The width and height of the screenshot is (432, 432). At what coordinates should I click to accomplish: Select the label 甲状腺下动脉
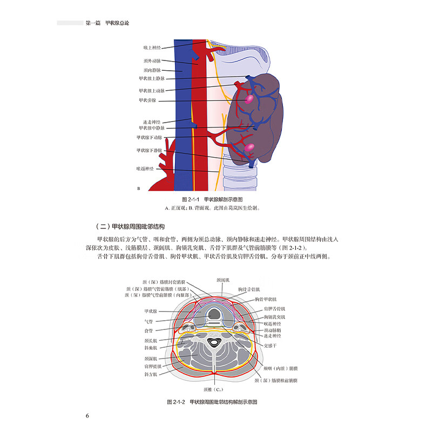coord(150,138)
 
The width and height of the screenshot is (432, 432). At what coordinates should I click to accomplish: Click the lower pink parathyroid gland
coord(249,147)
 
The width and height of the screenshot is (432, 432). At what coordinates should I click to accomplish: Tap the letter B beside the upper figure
coord(139,188)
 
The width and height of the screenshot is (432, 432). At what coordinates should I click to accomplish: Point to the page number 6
coord(87,415)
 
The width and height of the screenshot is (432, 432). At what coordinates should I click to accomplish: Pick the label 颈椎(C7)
coord(218,389)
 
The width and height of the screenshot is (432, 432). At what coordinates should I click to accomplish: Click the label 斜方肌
coord(150,374)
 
